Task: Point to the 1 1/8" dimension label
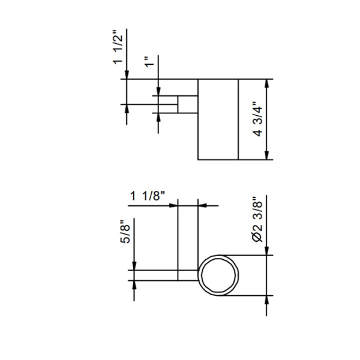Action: (148, 196)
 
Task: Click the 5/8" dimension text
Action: (125, 231)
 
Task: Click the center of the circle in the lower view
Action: (219, 275)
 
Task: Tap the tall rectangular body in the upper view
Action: (218, 119)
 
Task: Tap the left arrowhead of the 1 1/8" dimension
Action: (175, 205)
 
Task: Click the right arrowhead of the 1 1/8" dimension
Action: (202, 205)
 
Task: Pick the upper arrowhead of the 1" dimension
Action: (158, 91)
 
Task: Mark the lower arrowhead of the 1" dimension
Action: (158, 117)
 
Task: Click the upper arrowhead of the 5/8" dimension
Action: (134, 266)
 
